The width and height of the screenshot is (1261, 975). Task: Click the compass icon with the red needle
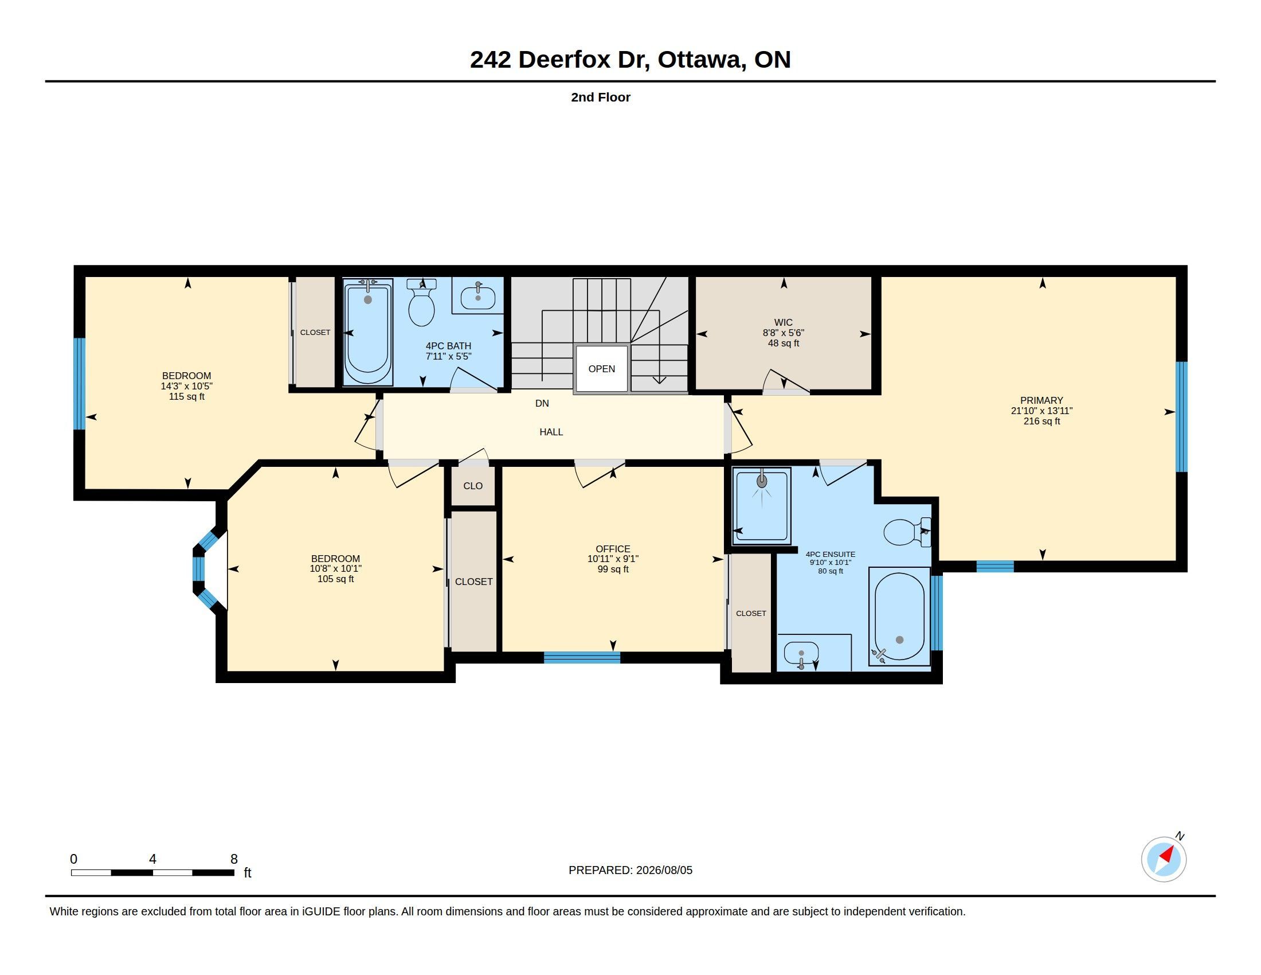point(1164,859)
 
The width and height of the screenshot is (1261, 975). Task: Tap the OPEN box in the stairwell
point(601,369)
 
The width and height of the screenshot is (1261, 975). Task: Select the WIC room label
point(783,322)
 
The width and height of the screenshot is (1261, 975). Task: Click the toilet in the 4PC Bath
point(421,303)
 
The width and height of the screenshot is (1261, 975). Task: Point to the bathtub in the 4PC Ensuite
point(899,617)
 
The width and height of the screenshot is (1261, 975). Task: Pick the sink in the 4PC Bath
point(477,298)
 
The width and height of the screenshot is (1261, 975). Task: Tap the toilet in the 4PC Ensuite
point(907,532)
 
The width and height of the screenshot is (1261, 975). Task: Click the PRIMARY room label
point(1041,400)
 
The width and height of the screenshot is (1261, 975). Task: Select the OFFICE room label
point(613,549)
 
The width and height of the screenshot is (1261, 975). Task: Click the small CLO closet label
point(473,486)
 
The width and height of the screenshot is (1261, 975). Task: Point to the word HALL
point(551,431)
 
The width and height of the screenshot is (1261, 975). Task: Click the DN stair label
point(542,403)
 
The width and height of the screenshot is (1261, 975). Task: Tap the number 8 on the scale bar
point(234,859)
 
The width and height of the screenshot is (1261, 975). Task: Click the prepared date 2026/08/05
point(664,870)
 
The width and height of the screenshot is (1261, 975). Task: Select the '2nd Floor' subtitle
point(601,97)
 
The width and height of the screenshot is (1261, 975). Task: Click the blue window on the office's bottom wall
point(582,657)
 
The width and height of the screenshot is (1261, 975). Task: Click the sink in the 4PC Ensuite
point(801,654)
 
